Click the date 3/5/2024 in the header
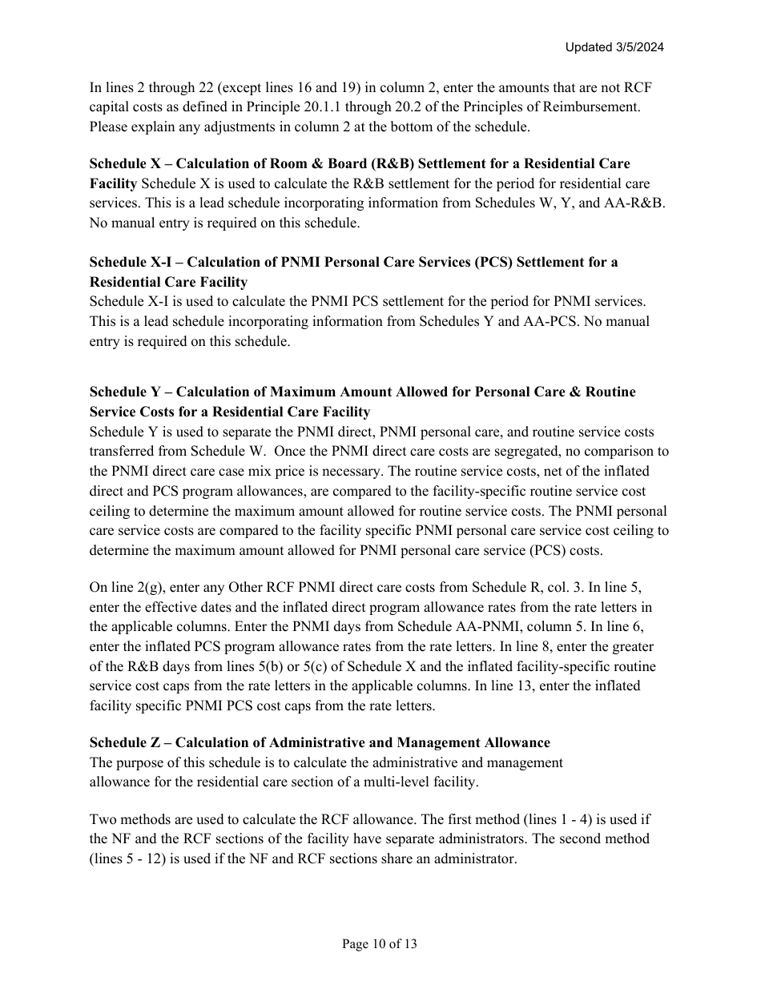coord(637,47)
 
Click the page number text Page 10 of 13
coord(380,944)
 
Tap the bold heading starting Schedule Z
coord(320,743)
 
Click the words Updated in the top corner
coord(587,47)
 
